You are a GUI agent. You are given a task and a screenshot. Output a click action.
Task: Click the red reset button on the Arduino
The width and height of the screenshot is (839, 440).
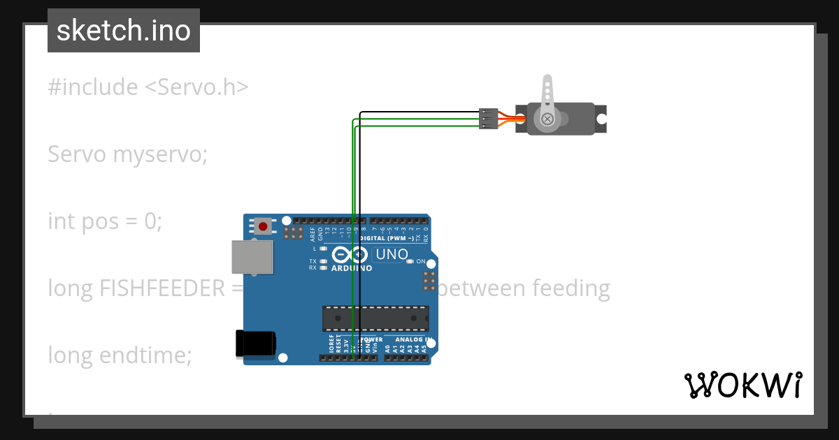pos(264,226)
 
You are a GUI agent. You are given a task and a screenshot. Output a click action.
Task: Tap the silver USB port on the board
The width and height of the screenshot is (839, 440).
pos(252,257)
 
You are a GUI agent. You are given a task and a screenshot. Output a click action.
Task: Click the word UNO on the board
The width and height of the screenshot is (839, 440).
pos(392,254)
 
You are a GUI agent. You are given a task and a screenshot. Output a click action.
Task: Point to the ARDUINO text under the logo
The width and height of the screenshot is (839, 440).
pos(352,268)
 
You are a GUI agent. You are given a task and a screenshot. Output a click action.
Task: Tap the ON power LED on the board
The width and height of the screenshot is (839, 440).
pos(410,261)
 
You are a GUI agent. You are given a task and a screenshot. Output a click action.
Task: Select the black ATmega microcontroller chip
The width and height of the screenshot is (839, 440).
pos(375,318)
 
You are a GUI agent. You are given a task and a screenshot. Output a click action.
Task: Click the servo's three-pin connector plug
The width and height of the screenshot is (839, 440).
pos(488,118)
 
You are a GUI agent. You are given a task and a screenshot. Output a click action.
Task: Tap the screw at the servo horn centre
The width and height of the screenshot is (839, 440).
pos(547,119)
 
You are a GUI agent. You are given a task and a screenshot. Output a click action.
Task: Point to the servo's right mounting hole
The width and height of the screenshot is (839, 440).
pos(601,119)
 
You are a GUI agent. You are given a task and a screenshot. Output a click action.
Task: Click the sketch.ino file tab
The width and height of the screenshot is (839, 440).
pos(124,31)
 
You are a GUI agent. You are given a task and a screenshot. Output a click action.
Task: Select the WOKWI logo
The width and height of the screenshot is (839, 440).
pos(743,385)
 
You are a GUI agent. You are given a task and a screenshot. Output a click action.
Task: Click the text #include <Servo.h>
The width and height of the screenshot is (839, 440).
pos(148,87)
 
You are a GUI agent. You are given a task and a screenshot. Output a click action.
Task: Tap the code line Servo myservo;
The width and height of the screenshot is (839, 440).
pos(128,154)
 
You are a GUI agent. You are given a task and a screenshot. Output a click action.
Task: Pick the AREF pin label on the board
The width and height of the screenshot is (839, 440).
pos(313,234)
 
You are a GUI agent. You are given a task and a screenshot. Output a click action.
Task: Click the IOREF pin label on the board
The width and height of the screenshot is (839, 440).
pos(331,343)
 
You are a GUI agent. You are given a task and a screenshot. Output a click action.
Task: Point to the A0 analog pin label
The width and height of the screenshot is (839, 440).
pos(388,345)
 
